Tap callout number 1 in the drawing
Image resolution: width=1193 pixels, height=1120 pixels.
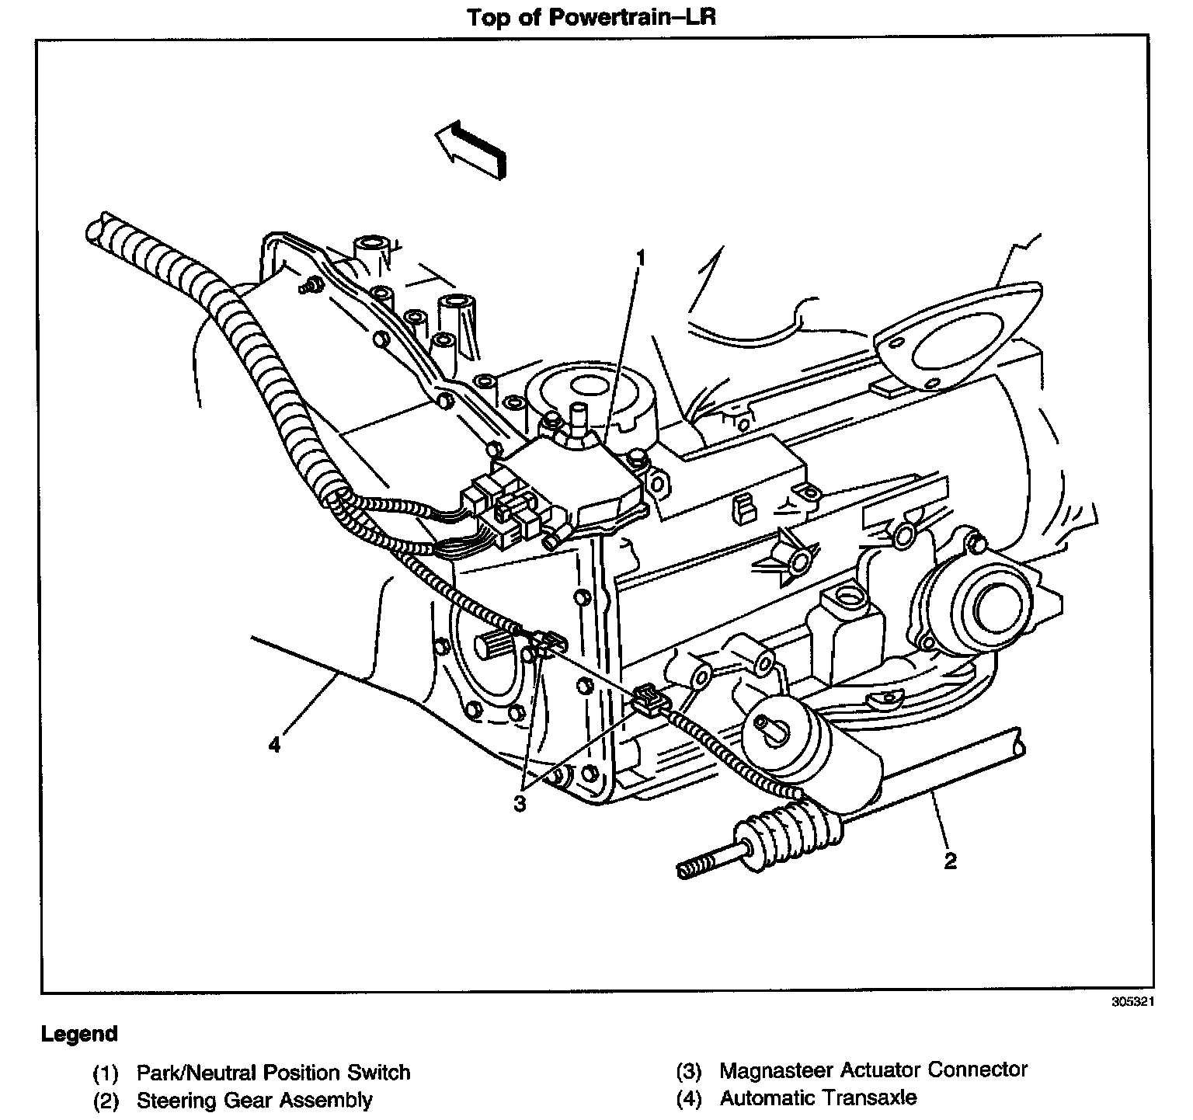coord(642,257)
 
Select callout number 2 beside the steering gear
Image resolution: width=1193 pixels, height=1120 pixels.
coord(950,860)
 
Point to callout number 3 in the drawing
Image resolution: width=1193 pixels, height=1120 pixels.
coord(520,804)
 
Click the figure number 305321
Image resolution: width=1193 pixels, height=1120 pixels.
coord(1133,1002)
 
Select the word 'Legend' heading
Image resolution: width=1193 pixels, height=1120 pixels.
coord(79,1035)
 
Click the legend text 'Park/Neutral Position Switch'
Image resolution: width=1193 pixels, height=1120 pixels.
coord(273,1073)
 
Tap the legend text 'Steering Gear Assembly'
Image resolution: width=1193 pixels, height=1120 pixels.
coord(255,1100)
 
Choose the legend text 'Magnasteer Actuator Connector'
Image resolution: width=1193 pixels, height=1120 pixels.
coord(873,1070)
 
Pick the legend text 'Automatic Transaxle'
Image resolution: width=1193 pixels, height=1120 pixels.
coord(818,1098)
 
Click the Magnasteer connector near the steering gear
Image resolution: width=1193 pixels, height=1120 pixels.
coord(649,699)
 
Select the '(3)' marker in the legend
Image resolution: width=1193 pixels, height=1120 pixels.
coord(688,1072)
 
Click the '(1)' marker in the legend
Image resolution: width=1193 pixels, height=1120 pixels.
coord(105,1074)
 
